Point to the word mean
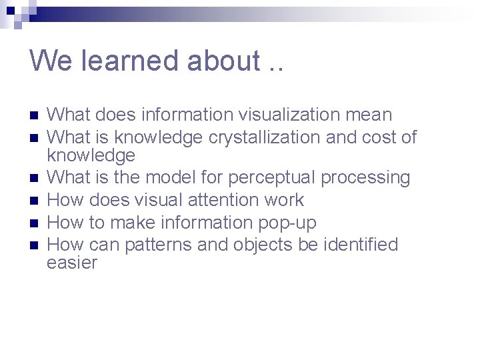click(x=369, y=115)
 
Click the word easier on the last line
click(x=72, y=263)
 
